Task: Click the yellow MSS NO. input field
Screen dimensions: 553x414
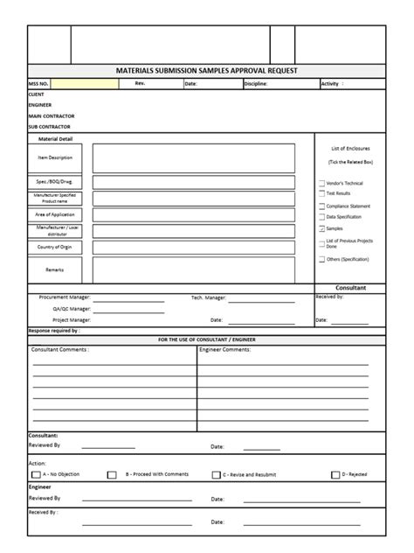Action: [x=85, y=84]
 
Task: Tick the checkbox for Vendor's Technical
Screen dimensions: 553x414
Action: [x=321, y=183]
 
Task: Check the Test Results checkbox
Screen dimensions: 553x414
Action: [x=321, y=193]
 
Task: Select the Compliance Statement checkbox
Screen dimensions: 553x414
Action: [x=321, y=206]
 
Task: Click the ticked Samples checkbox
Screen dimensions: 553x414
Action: [x=321, y=227]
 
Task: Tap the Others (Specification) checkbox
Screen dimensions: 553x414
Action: [x=321, y=260]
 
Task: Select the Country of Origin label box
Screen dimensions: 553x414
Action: [x=55, y=247]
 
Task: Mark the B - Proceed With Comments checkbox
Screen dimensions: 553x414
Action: [x=112, y=475]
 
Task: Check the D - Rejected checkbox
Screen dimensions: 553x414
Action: [x=335, y=475]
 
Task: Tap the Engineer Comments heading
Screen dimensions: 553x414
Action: [x=249, y=349]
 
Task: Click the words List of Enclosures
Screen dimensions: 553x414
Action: [x=349, y=150]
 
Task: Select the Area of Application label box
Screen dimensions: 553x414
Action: [x=55, y=213]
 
